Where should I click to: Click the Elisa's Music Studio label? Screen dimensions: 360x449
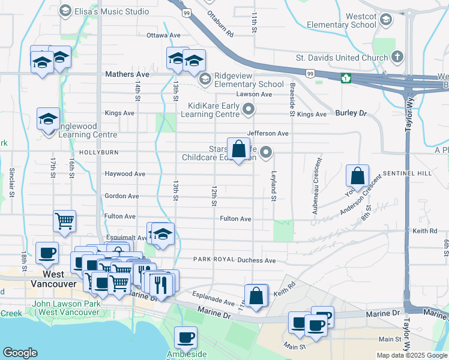click(x=120, y=11)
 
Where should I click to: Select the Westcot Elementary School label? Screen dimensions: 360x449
click(x=342, y=19)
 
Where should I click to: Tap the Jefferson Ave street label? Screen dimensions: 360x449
click(x=268, y=133)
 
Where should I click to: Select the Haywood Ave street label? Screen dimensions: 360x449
click(x=125, y=174)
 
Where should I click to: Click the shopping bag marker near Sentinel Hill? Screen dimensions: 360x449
click(x=357, y=176)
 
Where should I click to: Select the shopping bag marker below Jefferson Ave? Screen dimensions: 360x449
click(x=238, y=149)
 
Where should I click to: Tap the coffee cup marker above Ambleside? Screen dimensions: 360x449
click(x=186, y=337)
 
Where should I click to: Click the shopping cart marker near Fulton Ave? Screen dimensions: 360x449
click(x=64, y=220)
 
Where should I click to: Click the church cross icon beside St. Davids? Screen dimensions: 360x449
click(x=397, y=58)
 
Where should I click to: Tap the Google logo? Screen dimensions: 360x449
click(x=20, y=353)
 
